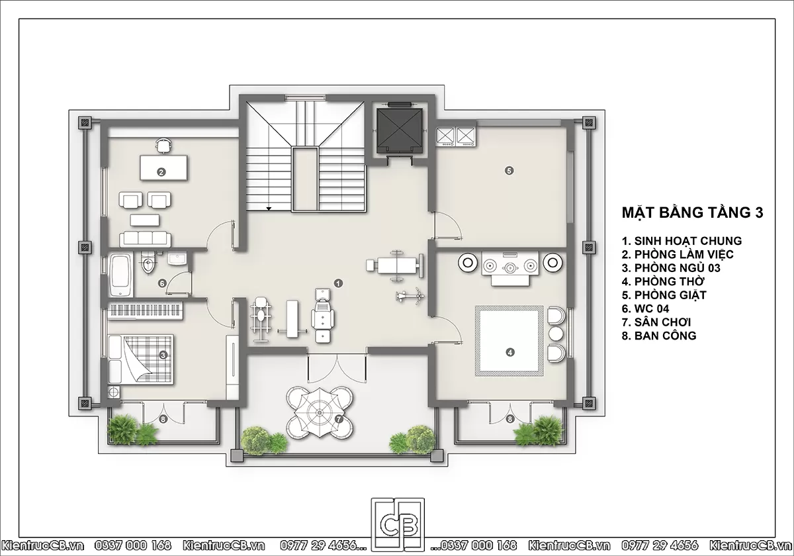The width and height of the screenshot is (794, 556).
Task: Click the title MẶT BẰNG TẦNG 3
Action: [692, 212]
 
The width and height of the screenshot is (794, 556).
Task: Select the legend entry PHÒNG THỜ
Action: [663, 281]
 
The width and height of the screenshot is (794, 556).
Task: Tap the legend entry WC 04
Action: [646, 308]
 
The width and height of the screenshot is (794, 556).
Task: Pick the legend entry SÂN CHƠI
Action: [656, 322]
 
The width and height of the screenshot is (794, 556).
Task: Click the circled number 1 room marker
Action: [339, 283]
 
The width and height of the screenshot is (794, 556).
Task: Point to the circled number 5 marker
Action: [509, 171]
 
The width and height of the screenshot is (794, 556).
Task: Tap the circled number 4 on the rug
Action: [510, 352]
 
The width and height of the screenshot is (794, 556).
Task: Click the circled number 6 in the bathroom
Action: [162, 283]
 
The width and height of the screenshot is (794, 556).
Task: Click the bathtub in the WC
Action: [121, 275]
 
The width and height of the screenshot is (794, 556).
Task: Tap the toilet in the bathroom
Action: [148, 261]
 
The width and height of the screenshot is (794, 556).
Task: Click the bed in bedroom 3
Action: [141, 359]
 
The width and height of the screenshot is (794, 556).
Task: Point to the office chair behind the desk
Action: [163, 146]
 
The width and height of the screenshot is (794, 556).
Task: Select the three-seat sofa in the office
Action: [145, 240]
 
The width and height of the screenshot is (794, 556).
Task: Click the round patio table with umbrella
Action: [320, 412]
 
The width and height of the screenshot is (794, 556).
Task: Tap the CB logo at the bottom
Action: [398, 526]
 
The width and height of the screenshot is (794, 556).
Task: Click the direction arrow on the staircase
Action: [269, 209]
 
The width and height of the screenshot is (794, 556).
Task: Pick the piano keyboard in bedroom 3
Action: [145, 310]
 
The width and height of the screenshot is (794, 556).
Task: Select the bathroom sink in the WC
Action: [177, 259]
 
